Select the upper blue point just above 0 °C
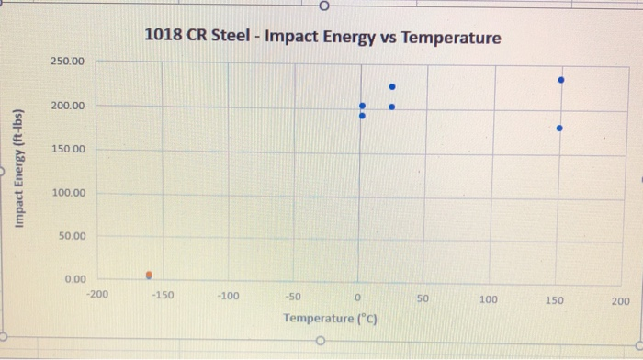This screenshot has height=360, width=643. click(362, 107)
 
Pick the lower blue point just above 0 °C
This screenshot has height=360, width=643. click(362, 116)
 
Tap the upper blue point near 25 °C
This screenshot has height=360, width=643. click(391, 87)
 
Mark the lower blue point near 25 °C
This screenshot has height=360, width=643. click(391, 107)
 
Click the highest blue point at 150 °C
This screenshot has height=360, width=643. click(560, 80)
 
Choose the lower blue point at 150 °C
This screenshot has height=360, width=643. click(559, 128)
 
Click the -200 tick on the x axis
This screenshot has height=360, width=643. click(96, 296)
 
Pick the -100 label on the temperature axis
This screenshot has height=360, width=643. click(228, 296)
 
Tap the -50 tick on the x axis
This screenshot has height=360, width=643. click(294, 297)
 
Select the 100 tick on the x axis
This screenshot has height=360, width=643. click(489, 299)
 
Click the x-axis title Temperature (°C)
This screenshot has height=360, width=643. click(331, 319)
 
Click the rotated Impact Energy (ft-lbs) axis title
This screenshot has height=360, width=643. click(18, 169)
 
